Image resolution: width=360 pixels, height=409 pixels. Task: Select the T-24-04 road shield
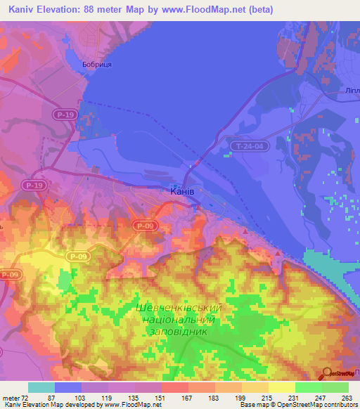249,146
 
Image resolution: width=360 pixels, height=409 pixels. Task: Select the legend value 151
162,397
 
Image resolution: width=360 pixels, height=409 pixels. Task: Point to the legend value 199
242,397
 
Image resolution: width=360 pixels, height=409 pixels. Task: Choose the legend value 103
83,397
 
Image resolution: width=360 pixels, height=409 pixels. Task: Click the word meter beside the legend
12,397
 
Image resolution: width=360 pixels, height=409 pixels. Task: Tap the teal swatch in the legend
41,387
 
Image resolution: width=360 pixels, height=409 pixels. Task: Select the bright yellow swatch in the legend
281,387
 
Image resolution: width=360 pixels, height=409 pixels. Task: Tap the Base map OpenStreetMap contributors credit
299,405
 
